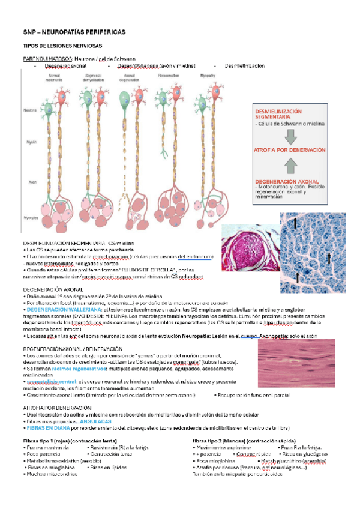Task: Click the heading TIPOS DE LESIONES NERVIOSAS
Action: [x=62, y=46]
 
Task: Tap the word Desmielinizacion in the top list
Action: [x=244, y=65]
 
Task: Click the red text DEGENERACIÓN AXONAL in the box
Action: [x=286, y=180]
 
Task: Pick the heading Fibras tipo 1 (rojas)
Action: [x=45, y=441]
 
